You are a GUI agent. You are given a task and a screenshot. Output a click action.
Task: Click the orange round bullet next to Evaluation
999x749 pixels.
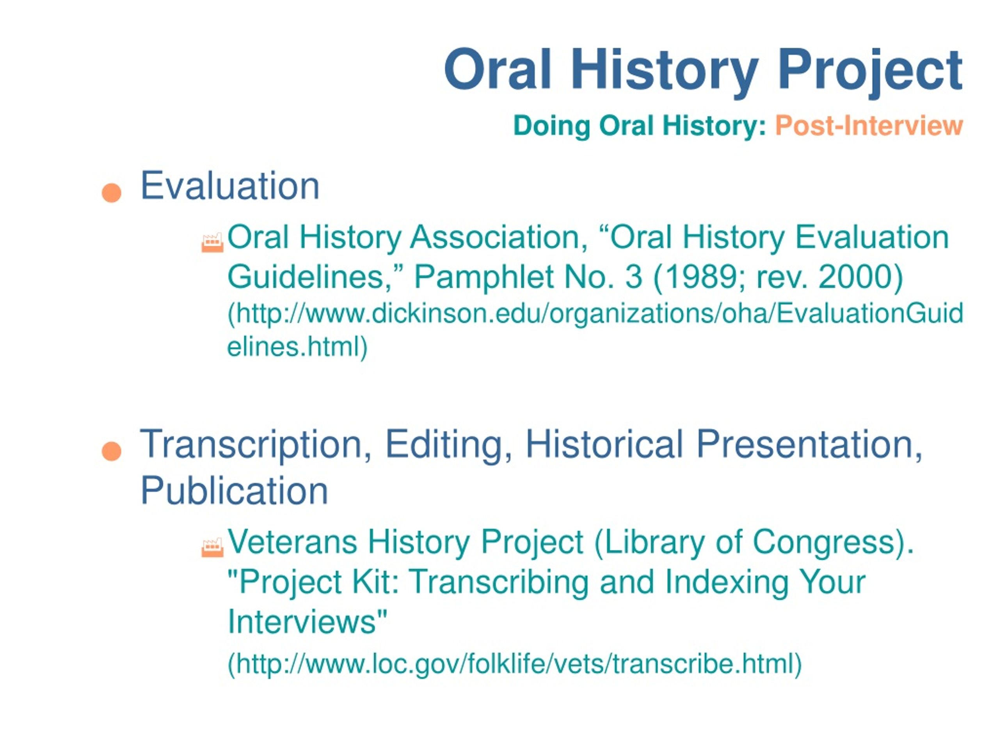pyautogui.click(x=112, y=193)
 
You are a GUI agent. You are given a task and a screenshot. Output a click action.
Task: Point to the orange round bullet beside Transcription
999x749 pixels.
pyautogui.click(x=112, y=451)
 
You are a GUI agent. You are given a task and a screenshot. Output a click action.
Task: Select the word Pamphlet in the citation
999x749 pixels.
pyautogui.click(x=484, y=277)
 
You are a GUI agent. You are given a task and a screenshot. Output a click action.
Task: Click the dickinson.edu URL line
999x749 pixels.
pyautogui.click(x=595, y=314)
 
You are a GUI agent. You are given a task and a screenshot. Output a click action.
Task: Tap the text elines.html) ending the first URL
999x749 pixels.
pyautogui.click(x=298, y=347)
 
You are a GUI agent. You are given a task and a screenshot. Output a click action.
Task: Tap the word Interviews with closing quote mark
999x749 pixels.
pyautogui.click(x=308, y=621)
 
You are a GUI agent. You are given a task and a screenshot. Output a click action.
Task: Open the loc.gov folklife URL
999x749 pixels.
pyautogui.click(x=514, y=664)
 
